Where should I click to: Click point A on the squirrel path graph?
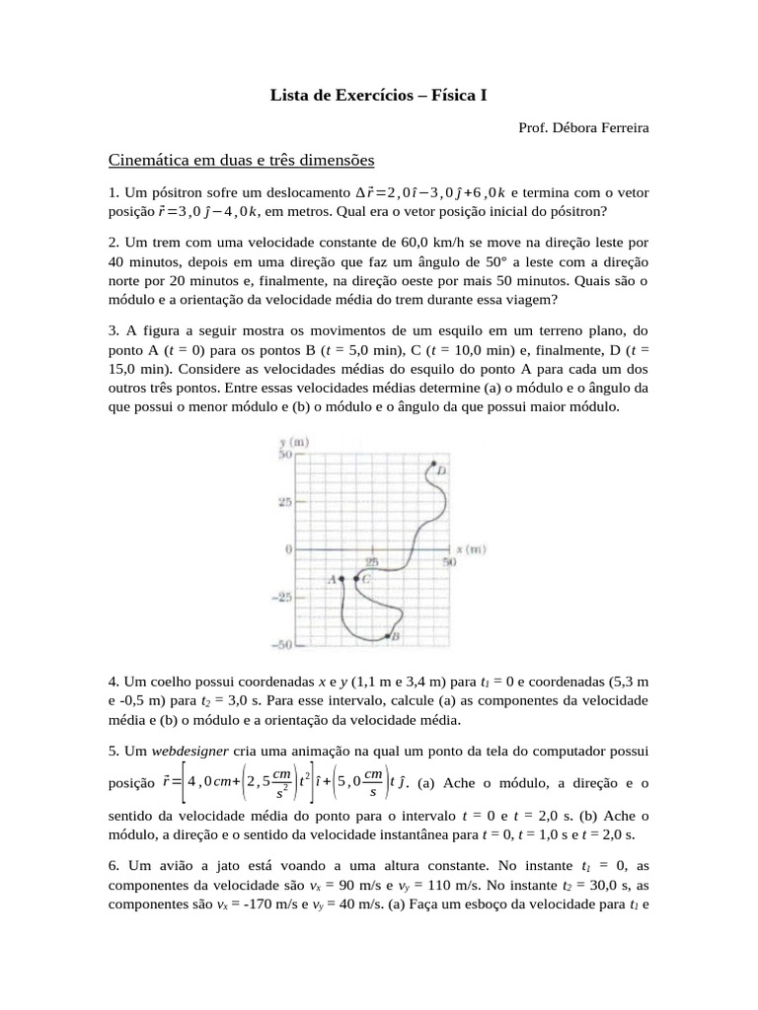[x=341, y=579]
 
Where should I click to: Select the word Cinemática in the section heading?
[x=157, y=159]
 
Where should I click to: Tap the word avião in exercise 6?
[x=173, y=864]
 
